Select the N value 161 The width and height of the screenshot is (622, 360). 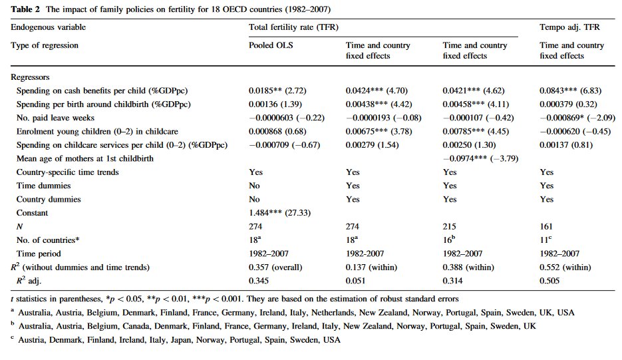point(546,227)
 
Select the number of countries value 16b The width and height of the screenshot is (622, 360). point(451,240)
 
